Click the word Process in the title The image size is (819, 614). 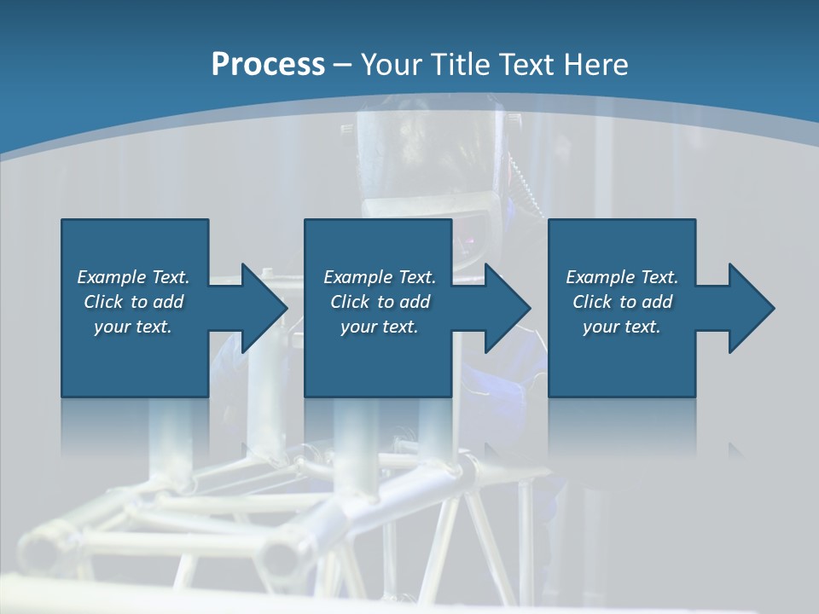pyautogui.click(x=268, y=65)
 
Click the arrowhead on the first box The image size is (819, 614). pyautogui.click(x=261, y=308)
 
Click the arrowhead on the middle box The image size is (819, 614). pyautogui.click(x=505, y=308)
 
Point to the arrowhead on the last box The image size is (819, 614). pyautogui.click(x=749, y=308)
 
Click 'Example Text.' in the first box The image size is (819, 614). pyautogui.click(x=133, y=277)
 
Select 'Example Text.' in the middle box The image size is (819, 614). pyautogui.click(x=380, y=277)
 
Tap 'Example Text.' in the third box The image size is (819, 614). pyautogui.click(x=622, y=277)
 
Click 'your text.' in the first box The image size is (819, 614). pyautogui.click(x=133, y=327)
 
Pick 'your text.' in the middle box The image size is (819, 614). pyautogui.click(x=380, y=327)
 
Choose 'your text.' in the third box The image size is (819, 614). pyautogui.click(x=622, y=327)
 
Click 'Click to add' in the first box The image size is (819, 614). pyautogui.click(x=133, y=302)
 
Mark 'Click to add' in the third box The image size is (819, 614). pyautogui.click(x=622, y=302)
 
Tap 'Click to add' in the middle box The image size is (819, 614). pyautogui.click(x=380, y=302)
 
